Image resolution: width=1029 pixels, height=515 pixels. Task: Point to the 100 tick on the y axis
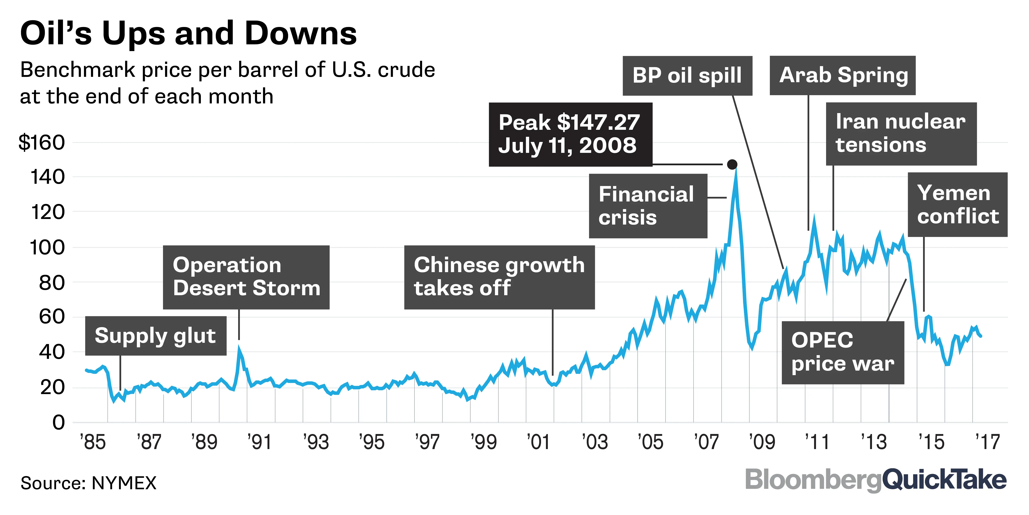tap(47, 247)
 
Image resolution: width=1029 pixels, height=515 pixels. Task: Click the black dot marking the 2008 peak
tap(732, 164)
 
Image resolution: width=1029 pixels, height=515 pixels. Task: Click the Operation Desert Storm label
tap(246, 277)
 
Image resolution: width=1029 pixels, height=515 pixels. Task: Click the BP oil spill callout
tap(687, 76)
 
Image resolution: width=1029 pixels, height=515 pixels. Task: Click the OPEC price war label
tap(843, 352)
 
